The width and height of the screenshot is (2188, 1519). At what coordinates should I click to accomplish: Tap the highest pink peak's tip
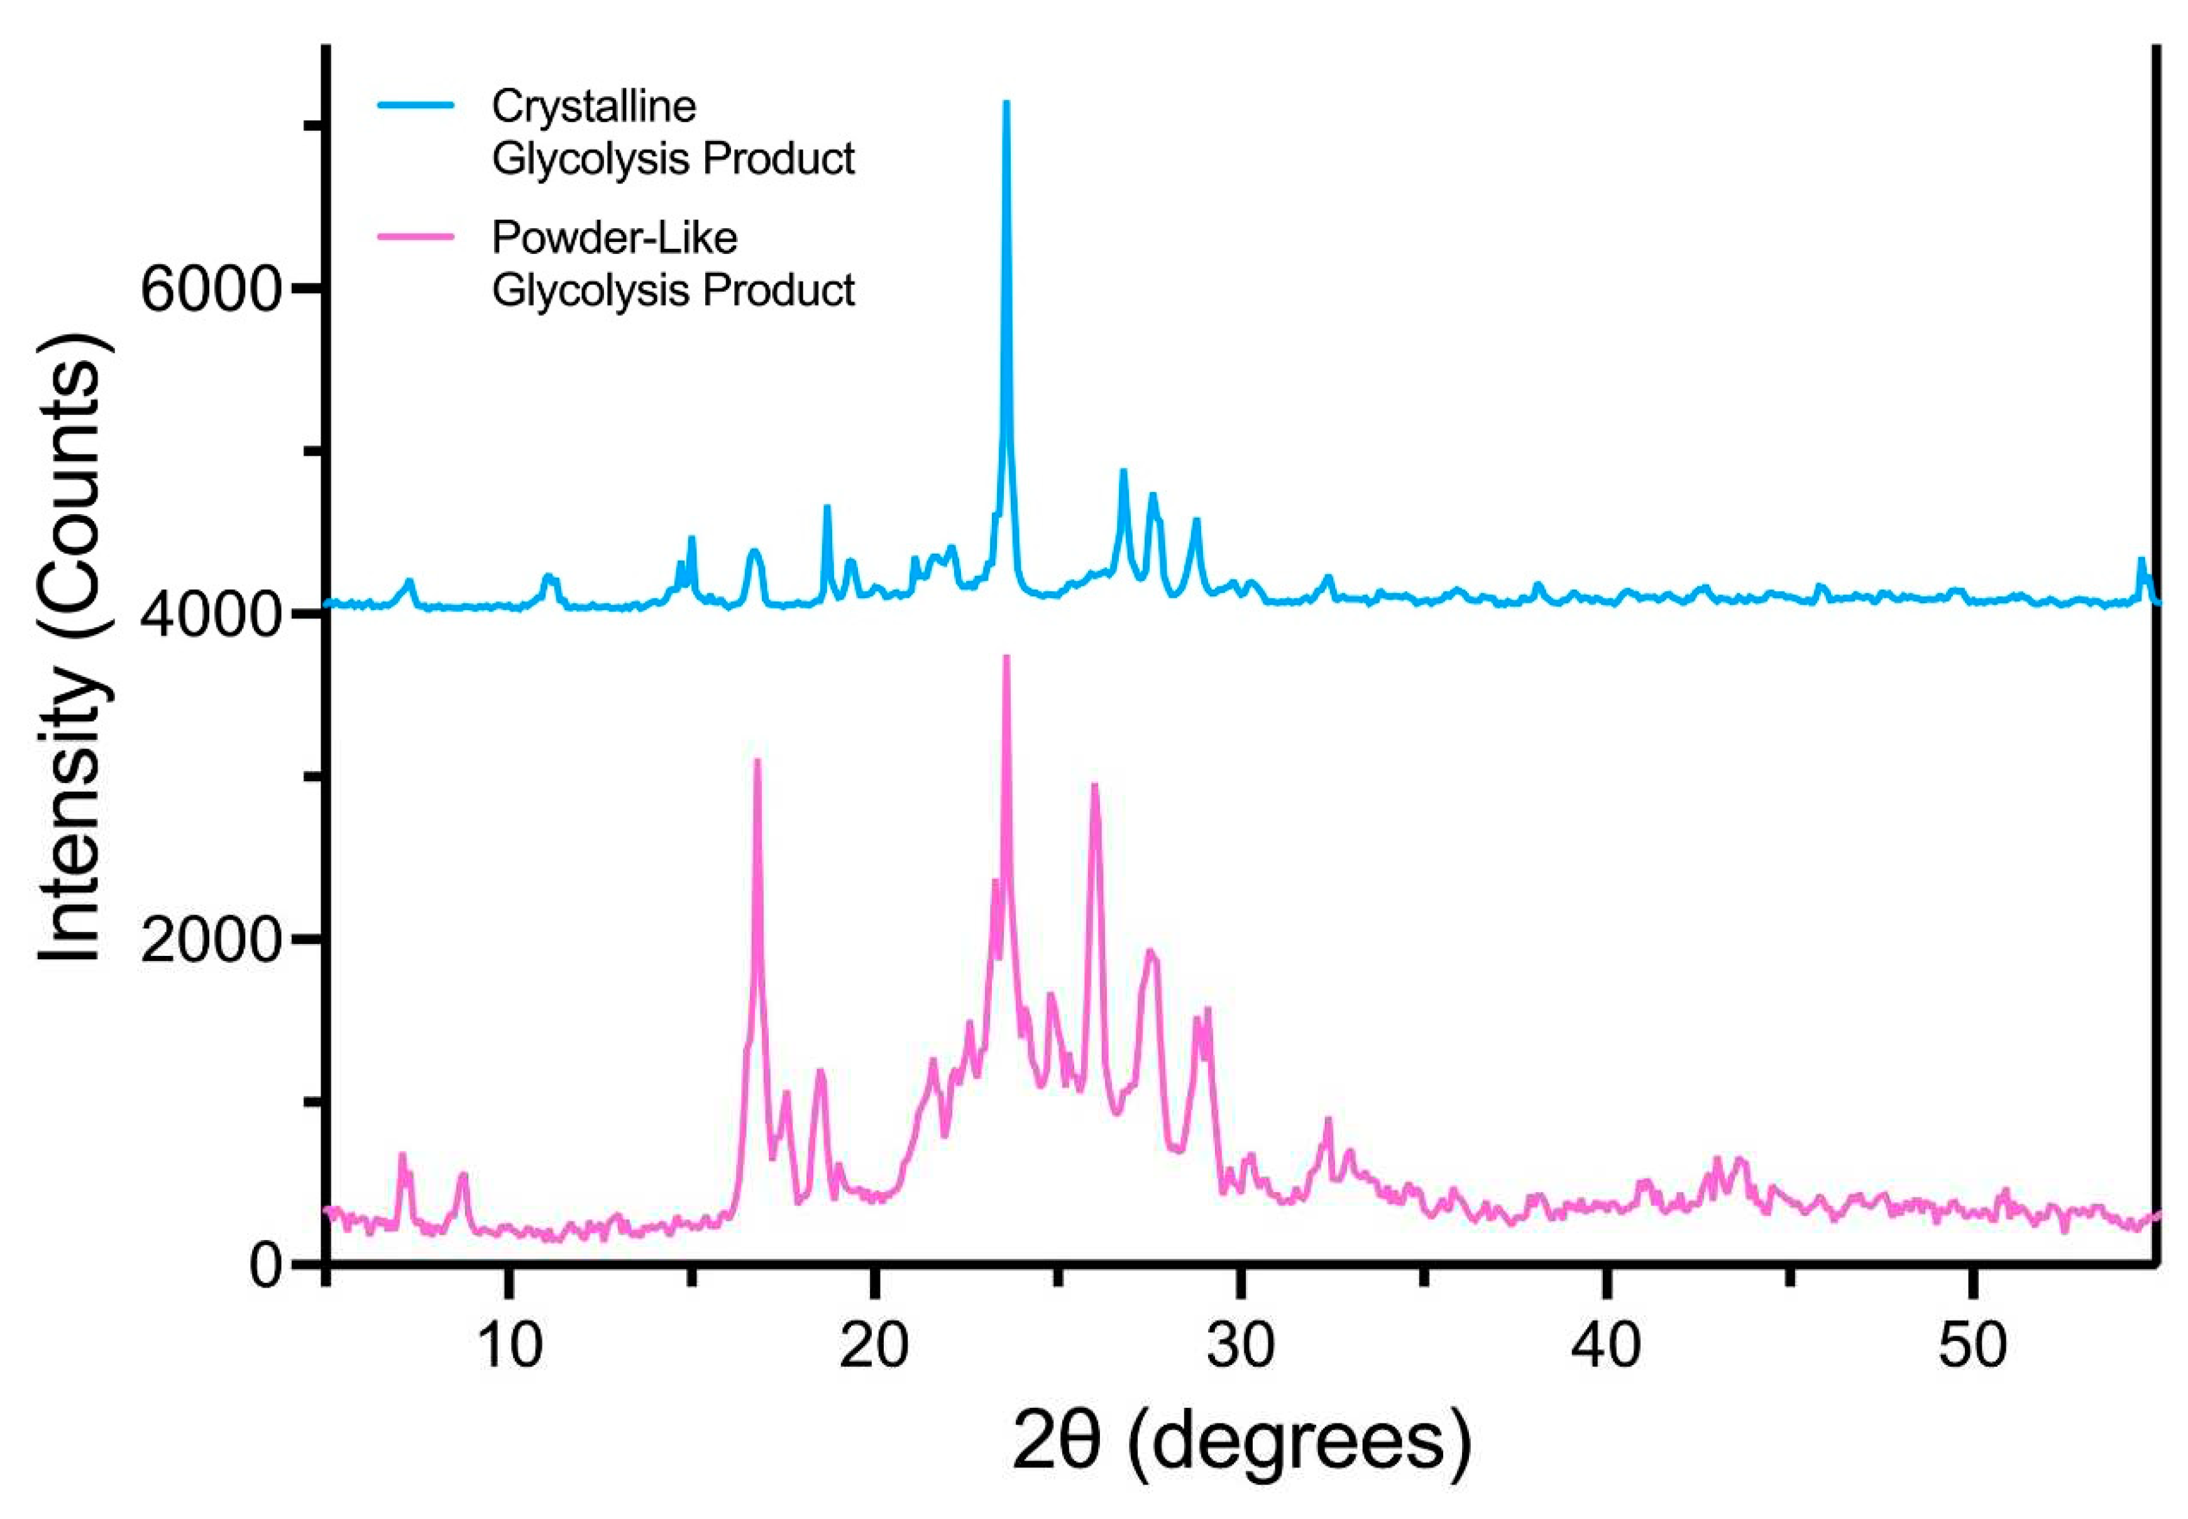(1006, 657)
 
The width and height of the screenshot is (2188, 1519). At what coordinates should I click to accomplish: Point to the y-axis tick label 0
(267, 1266)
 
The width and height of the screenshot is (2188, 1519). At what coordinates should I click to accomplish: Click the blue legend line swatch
(416, 106)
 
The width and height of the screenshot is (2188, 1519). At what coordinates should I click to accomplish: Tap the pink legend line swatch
(416, 237)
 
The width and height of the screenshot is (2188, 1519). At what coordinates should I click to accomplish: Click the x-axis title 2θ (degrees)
(1240, 1442)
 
